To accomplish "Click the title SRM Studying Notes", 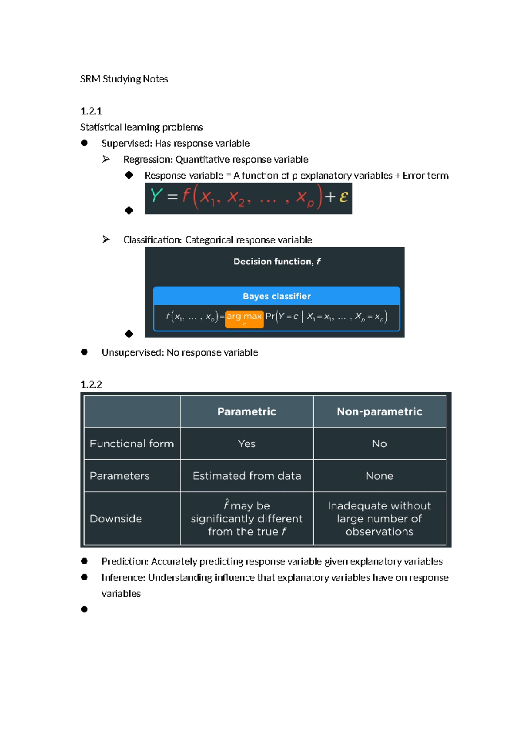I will pos(124,79).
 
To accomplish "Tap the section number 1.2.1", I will pos(91,111).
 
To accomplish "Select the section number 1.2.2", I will pos(91,384).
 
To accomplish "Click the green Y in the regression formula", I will pos(156,196).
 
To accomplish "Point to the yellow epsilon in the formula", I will pos(344,197).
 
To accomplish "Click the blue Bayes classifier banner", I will pos(277,296).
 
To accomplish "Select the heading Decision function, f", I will pos(277,262).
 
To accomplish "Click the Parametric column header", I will pos(246,412).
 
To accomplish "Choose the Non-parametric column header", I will pos(379,412).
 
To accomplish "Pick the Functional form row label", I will pos(132,444).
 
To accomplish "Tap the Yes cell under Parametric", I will pos(246,444).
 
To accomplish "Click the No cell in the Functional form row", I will pos(379,444).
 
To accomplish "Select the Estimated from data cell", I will pos(246,476).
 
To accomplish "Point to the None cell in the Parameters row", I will pos(379,476).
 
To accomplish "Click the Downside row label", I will pos(116,519).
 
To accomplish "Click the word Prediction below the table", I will pos(125,562).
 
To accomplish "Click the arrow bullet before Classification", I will pos(106,239).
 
